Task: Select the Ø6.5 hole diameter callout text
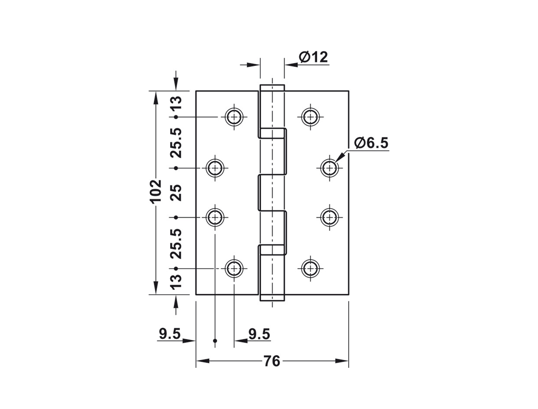371,143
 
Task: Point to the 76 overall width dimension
272,361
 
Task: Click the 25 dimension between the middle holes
176,192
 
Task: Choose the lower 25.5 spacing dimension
176,243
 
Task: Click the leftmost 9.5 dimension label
170,334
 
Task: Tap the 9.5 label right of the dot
259,334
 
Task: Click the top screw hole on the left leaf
234,116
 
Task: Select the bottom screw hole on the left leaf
234,268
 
